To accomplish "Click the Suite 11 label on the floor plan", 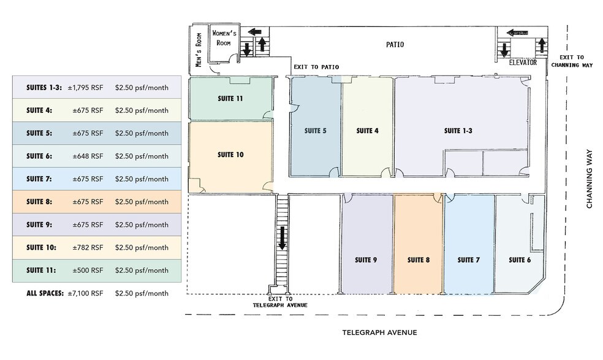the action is click(x=230, y=99).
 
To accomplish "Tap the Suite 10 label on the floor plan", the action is click(x=230, y=155).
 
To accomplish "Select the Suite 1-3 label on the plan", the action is click(x=458, y=131).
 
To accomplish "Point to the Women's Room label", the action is click(x=224, y=38).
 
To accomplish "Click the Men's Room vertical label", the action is click(x=199, y=50).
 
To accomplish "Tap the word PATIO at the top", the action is click(x=395, y=45).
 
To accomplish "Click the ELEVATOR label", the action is click(x=523, y=63).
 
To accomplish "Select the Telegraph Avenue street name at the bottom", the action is click(x=379, y=332).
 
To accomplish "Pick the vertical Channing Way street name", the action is click(x=589, y=179).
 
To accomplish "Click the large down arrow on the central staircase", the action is click(x=283, y=238).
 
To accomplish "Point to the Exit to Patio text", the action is click(x=316, y=67).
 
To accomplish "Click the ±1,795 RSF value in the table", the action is click(x=85, y=88).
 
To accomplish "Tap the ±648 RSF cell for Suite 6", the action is click(x=88, y=156).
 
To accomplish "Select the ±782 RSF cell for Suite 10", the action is click(x=88, y=248).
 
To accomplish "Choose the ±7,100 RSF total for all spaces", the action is click(x=85, y=293).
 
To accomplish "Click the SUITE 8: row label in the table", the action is click(x=39, y=202).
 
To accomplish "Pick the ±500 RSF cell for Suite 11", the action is click(x=88, y=270).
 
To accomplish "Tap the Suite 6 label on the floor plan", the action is click(x=520, y=260).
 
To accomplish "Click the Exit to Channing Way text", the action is click(x=572, y=61).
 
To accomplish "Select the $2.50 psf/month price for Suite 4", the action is click(x=142, y=110).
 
